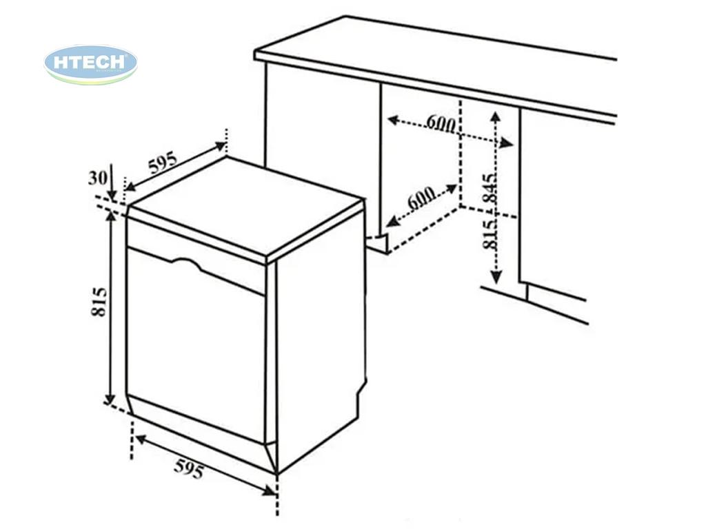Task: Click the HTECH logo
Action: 90,64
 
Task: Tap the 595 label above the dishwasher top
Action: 163,163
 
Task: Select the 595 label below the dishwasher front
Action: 189,468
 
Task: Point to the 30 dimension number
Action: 98,178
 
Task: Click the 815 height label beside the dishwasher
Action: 99,302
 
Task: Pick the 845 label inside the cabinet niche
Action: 490,187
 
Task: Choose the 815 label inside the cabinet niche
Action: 490,234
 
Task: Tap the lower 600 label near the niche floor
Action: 421,198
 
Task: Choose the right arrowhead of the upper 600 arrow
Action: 507,143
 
